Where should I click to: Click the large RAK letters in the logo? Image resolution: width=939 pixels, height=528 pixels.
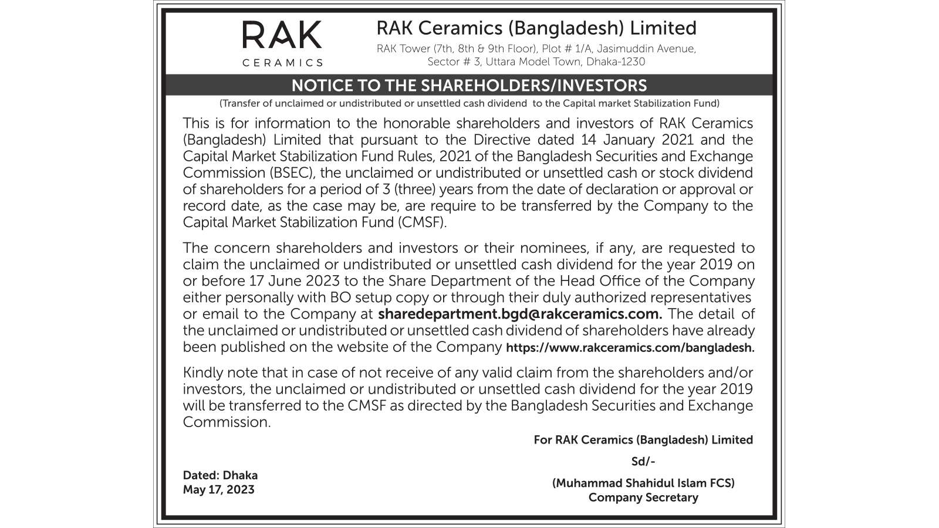coord(282,35)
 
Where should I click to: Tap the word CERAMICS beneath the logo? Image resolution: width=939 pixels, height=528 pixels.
coord(282,63)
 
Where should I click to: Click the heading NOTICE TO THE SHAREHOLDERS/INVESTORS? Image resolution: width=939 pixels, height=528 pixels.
coord(469,86)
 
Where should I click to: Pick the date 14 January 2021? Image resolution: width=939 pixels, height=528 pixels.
coord(637,140)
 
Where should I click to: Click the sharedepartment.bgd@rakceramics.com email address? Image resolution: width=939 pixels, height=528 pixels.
coord(520,314)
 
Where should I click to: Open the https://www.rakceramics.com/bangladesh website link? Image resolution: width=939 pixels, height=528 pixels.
coord(630,347)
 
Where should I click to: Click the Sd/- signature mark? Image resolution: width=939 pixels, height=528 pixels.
coord(643,462)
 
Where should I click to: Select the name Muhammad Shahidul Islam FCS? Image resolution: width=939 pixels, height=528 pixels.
coord(643,483)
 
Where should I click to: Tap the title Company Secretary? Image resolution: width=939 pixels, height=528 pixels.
coord(643,497)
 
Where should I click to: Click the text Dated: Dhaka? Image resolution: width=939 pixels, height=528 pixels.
coord(220,475)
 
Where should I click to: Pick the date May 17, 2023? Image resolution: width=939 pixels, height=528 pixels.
coord(218,489)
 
